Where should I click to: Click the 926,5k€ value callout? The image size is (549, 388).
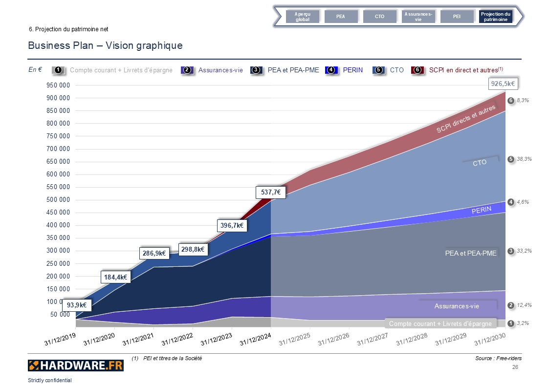coord(503,84)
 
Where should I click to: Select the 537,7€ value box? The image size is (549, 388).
coord(270,193)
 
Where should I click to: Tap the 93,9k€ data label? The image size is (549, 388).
coord(77,305)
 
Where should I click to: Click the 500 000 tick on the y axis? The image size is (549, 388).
coord(58,200)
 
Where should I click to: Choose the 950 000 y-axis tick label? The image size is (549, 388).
coord(58,86)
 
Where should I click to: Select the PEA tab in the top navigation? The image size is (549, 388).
coord(341,17)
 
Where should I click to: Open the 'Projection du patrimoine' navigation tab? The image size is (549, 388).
coord(495,17)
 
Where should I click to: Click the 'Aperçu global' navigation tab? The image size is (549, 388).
coord(303,17)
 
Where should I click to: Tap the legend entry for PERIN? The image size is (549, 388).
coord(352,70)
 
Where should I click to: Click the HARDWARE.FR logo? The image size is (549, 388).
coord(76,365)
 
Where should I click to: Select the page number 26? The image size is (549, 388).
coord(515,367)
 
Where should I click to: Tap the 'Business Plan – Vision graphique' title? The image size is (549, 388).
coord(105,45)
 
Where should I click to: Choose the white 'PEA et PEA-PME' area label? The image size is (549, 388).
coord(471,253)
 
